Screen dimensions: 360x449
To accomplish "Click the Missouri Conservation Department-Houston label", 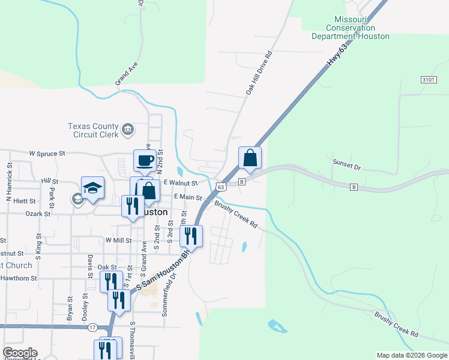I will (351, 28).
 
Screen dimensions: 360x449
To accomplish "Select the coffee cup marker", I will (144, 161).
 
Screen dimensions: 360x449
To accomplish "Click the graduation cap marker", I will (92, 188).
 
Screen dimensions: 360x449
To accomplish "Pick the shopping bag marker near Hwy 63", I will (250, 159).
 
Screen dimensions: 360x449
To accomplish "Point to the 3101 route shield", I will (428, 79).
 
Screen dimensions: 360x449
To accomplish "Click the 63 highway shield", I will (221, 187).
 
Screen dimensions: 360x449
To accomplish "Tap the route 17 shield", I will (92, 327).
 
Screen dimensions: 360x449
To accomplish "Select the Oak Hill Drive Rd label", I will (259, 73).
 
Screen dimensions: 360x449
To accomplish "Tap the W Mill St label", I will (118, 239).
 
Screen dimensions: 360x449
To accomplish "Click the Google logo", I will (20, 353).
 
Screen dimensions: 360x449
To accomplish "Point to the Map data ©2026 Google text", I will (411, 355).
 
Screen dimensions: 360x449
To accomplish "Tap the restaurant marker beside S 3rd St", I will (191, 236).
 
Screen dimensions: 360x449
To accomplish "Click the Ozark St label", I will (37, 213).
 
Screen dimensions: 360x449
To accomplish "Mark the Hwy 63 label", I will (338, 55).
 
